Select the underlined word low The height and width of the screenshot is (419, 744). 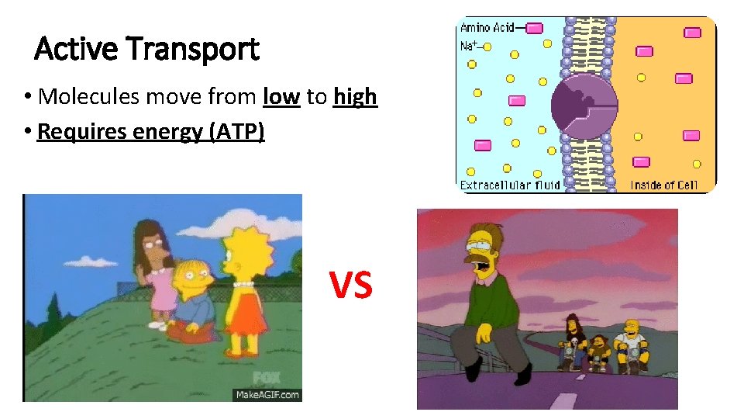coord(281,97)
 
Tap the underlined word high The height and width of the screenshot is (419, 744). coord(355,97)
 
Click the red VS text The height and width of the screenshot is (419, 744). coord(351,284)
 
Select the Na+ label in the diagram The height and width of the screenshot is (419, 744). coord(469,46)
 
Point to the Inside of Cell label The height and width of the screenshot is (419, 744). coord(663,185)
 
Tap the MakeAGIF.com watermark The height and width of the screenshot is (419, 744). coord(267,394)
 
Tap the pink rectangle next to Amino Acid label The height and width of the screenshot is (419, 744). coord(533,28)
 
